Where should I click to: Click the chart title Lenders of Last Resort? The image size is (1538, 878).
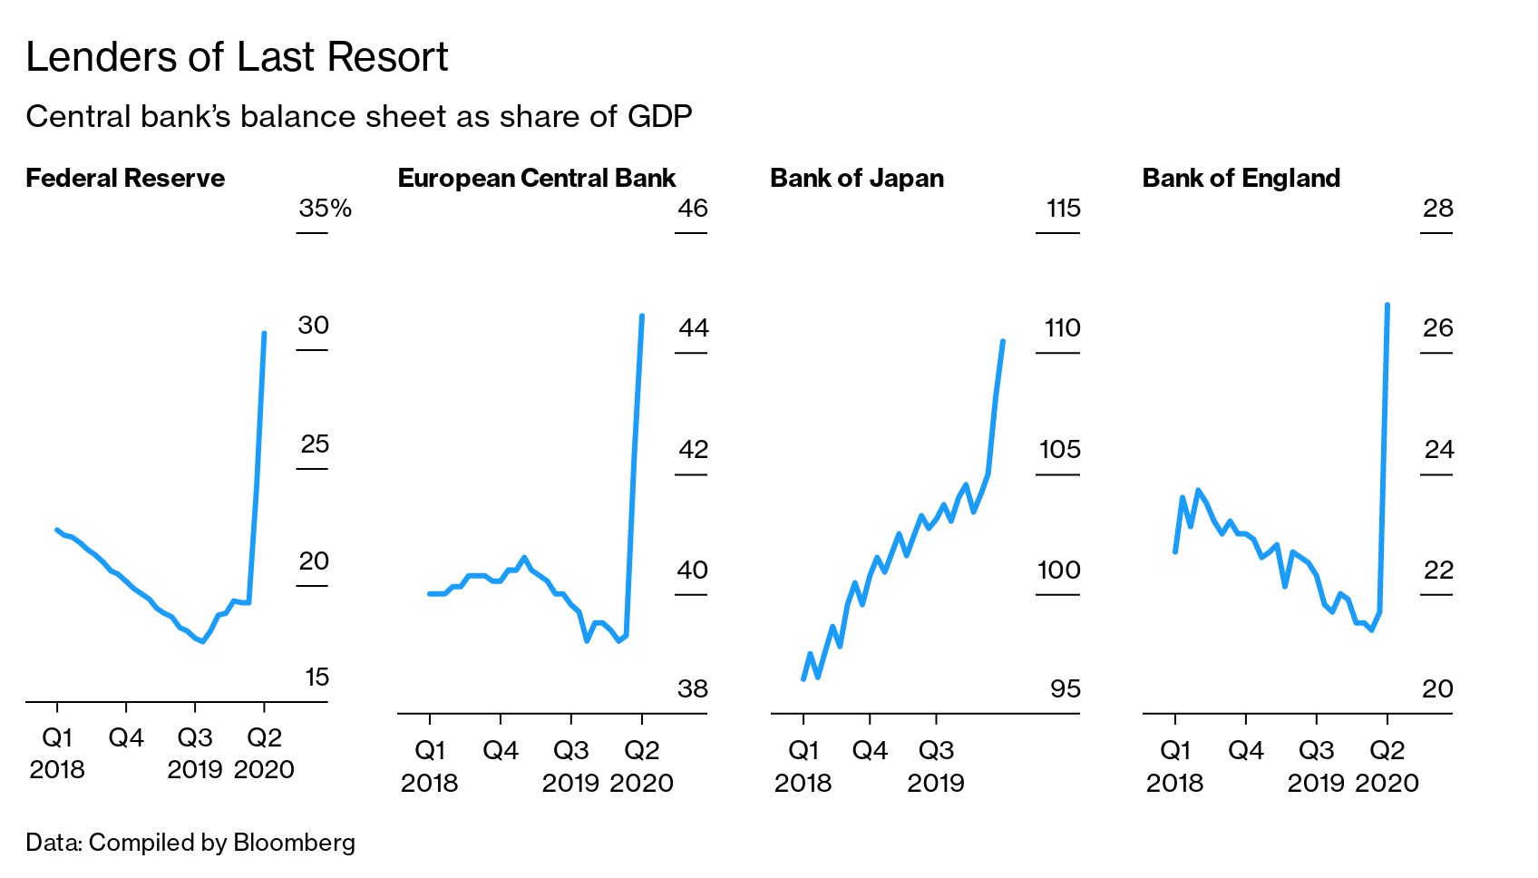(x=237, y=58)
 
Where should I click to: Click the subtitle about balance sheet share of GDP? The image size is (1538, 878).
(x=359, y=117)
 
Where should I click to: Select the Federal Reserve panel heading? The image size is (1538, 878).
(x=125, y=178)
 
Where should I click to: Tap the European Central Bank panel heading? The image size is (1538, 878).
(x=537, y=178)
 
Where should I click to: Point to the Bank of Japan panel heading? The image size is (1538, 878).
(x=857, y=178)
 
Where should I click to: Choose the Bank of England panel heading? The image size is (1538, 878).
(x=1241, y=178)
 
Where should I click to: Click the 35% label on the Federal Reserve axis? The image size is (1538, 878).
(x=325, y=209)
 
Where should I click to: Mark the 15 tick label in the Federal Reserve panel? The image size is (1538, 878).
(x=316, y=678)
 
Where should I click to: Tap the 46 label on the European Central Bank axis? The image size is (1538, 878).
(x=692, y=209)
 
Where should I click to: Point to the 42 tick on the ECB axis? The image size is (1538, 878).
(x=693, y=449)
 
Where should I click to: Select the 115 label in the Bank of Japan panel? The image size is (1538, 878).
(x=1063, y=209)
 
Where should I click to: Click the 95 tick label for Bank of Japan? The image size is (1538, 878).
(x=1065, y=689)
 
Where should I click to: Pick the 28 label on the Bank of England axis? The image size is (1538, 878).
(x=1437, y=209)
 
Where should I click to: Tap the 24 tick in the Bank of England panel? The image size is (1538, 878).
(x=1438, y=449)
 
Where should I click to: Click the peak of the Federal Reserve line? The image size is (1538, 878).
(x=264, y=334)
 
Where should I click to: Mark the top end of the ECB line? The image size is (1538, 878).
(x=642, y=317)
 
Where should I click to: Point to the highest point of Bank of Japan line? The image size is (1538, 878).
(x=1003, y=341)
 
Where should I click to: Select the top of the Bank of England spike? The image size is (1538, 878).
(x=1387, y=306)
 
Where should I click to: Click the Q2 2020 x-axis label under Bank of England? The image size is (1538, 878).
(x=1387, y=766)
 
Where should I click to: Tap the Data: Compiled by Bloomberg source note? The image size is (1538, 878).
(x=190, y=843)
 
